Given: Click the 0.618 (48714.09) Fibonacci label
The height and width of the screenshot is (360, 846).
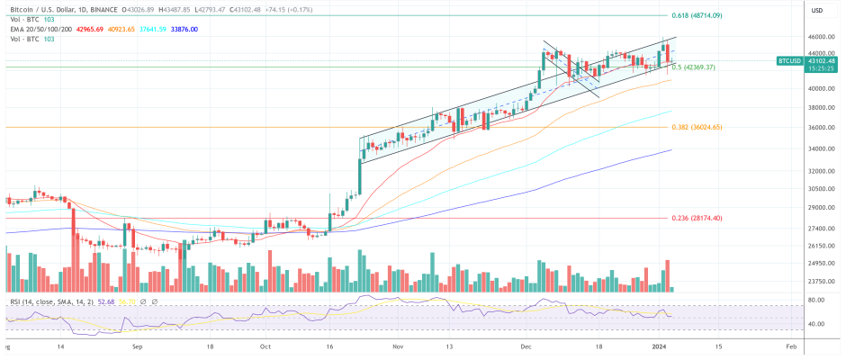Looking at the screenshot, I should coord(697,16).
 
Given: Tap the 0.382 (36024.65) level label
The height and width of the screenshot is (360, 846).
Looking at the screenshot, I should coord(698,127).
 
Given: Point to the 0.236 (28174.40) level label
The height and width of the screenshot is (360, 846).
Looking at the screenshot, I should coord(698,218).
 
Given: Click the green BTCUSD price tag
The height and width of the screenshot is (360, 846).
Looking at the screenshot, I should coord(789,61).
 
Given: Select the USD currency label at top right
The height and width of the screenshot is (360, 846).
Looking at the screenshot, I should coord(817,11).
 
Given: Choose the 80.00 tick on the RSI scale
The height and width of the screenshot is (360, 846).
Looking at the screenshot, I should coord(817,300).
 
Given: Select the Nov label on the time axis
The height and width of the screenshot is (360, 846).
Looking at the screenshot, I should coord(398,346).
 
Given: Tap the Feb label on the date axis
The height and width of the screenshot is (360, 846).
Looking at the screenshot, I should coord(790,346).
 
